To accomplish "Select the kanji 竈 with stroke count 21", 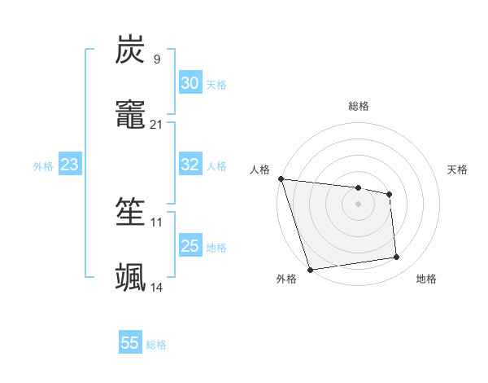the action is pos(130,115).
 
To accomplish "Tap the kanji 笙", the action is pos(130,213).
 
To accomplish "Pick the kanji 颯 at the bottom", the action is pos(130,278).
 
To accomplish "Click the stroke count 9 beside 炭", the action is pos(156,59).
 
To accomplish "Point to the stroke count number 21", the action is pos(156,125).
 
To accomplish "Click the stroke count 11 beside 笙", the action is pos(156,222).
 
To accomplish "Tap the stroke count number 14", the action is pos(156,288).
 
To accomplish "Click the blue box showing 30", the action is pos(190,83).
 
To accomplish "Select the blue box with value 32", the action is pos(190,165).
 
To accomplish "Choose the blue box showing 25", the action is pos(190,246).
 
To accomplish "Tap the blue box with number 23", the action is pos(69,165).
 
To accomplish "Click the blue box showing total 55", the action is pos(130,343).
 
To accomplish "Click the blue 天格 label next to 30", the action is pos(216,85).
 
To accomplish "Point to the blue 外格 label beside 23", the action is pos(43,166).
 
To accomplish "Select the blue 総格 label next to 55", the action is pos(156,345).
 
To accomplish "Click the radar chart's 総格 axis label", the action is pos(358,106).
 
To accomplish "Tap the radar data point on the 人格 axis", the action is pos(281,178).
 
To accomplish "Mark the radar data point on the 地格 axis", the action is pos(397,258).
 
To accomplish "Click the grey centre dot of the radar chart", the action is pos(358,204).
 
